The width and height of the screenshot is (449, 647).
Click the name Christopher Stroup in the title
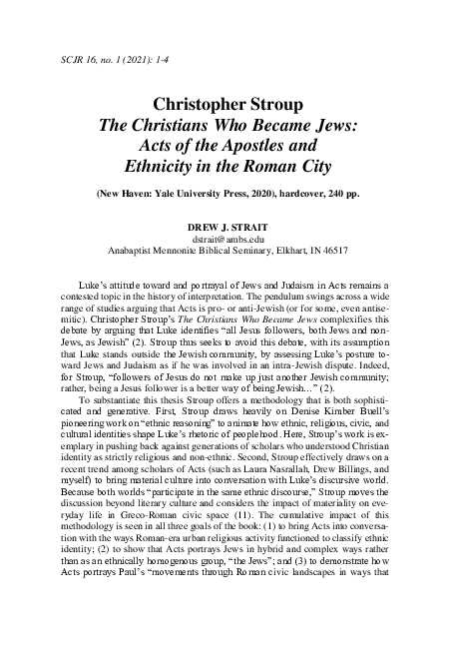(x=223, y=105)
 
